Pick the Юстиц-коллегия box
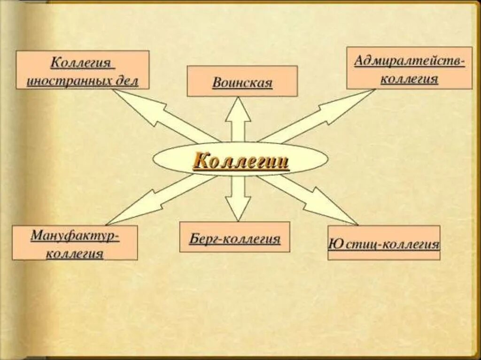click(x=383, y=243)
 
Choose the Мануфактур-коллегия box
click(x=75, y=243)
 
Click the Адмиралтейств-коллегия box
click(x=409, y=68)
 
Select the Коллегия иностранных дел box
click(x=83, y=70)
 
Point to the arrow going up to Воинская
click(x=238, y=120)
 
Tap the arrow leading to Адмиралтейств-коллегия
click(x=319, y=115)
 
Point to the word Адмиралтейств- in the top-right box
click(x=409, y=61)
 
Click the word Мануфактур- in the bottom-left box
click(x=75, y=235)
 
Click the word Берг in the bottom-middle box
click(x=203, y=239)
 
